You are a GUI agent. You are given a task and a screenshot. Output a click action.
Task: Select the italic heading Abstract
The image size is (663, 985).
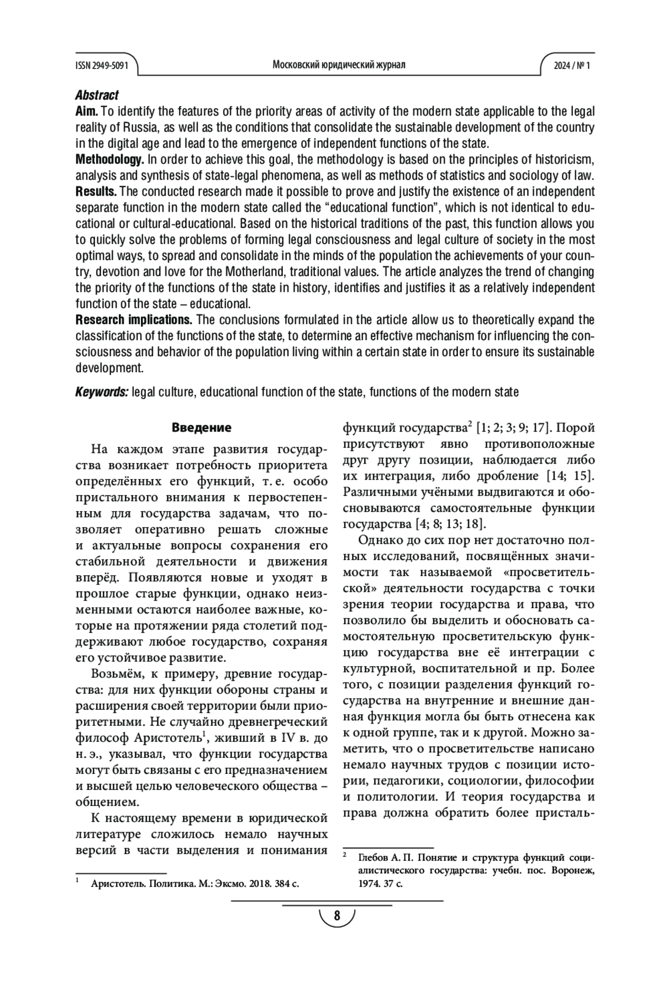point(97,95)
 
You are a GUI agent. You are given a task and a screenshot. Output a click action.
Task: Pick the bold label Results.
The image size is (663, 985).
point(96,192)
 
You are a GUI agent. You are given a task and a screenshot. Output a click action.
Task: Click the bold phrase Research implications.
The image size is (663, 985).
point(134,320)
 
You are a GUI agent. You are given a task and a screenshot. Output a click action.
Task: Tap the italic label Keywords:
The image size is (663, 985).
point(102,392)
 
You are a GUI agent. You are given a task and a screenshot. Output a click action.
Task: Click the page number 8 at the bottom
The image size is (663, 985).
point(337,915)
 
